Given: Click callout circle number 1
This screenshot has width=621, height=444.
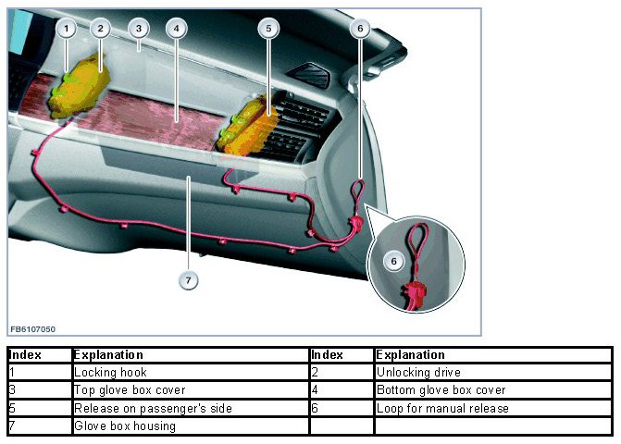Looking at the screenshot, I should pos(65,29).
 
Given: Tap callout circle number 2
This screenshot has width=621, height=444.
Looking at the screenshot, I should pos(101,29).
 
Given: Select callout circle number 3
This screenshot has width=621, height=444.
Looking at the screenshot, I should pos(138,29).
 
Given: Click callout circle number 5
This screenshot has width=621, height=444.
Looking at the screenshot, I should pos(268,29).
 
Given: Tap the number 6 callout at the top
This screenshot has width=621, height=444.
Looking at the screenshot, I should pos(360,29).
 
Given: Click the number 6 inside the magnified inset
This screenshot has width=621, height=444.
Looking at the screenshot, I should pos(393,262).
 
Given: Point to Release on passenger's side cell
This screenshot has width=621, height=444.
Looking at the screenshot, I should pos(152,408).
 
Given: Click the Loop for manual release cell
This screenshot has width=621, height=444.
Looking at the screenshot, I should pos(443,408).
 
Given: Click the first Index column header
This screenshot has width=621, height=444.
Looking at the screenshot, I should pos(27,354).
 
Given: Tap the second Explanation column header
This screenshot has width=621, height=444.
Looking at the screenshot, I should pos(411,354).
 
